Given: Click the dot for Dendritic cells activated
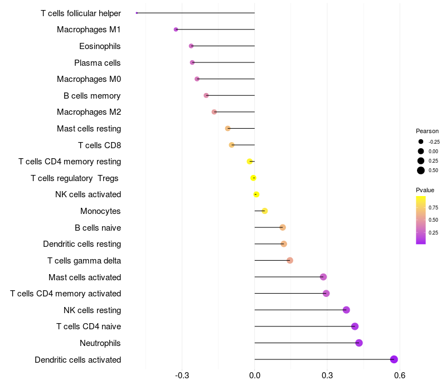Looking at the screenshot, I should click(394, 359).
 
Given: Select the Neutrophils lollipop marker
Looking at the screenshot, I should click(359, 343).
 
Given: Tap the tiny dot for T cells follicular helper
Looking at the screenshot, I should click(137, 13).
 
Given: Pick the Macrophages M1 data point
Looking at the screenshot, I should click(176, 29).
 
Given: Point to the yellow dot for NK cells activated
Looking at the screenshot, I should click(256, 194).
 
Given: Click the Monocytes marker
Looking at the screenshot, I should click(265, 211).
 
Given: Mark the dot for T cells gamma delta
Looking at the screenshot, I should click(290, 260).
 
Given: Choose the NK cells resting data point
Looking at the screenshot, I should click(346, 310).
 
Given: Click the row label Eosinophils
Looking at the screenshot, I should click(100, 46).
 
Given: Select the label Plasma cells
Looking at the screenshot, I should click(98, 63).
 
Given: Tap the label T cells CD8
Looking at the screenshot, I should click(99, 145).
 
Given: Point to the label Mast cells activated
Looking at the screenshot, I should click(85, 277).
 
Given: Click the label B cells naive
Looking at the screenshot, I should click(98, 228).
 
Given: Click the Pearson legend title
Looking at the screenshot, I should click(427, 131).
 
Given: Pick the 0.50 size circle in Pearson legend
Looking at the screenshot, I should click(421, 170).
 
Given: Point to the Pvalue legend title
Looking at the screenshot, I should click(425, 191).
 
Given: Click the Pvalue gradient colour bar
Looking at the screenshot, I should click(421, 220).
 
